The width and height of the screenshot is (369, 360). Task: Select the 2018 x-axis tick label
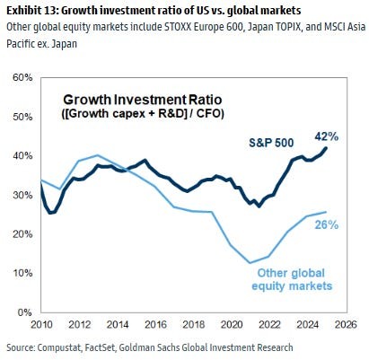(x=191, y=325)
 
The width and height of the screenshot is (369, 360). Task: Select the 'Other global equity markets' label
(x=294, y=279)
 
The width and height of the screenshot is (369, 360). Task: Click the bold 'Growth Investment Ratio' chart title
(x=135, y=101)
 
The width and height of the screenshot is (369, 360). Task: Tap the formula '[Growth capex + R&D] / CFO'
(x=135, y=115)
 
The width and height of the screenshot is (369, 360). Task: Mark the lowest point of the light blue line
(x=250, y=263)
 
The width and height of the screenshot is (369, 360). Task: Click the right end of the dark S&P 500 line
(x=326, y=148)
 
